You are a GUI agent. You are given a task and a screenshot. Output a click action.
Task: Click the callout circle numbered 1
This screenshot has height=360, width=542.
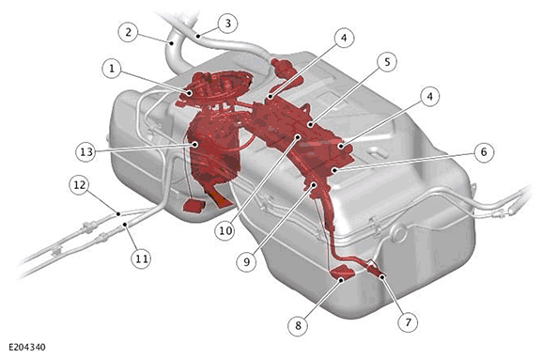112,68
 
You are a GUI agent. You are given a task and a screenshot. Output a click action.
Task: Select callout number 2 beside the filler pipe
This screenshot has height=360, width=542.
129,32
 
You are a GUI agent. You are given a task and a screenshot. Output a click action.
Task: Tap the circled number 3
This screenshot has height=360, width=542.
228,23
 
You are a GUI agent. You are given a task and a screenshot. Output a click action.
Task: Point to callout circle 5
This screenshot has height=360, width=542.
388,62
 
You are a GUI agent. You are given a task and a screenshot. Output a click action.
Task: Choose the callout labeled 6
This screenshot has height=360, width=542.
484,152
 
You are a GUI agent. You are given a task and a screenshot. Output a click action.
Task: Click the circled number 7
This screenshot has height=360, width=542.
409,322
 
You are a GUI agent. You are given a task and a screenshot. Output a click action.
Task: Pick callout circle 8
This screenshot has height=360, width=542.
299,325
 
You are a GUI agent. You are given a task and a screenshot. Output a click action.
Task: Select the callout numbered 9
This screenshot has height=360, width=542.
246,262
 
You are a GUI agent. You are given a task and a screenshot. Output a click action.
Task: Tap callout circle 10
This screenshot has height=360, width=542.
225,230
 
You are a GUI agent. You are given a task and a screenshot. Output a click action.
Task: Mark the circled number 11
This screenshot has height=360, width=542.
142,258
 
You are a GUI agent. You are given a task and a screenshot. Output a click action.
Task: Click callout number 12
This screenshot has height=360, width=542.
80,185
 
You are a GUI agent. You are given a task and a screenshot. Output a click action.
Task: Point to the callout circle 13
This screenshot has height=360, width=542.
85,152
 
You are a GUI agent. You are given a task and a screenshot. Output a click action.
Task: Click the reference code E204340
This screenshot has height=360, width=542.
27,347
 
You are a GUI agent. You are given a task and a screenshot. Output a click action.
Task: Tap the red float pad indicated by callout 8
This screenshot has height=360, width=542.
343,272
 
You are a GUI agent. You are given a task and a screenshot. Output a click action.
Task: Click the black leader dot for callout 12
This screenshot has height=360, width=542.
118,213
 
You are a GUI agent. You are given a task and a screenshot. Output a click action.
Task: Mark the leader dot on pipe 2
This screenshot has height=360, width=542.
172,43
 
